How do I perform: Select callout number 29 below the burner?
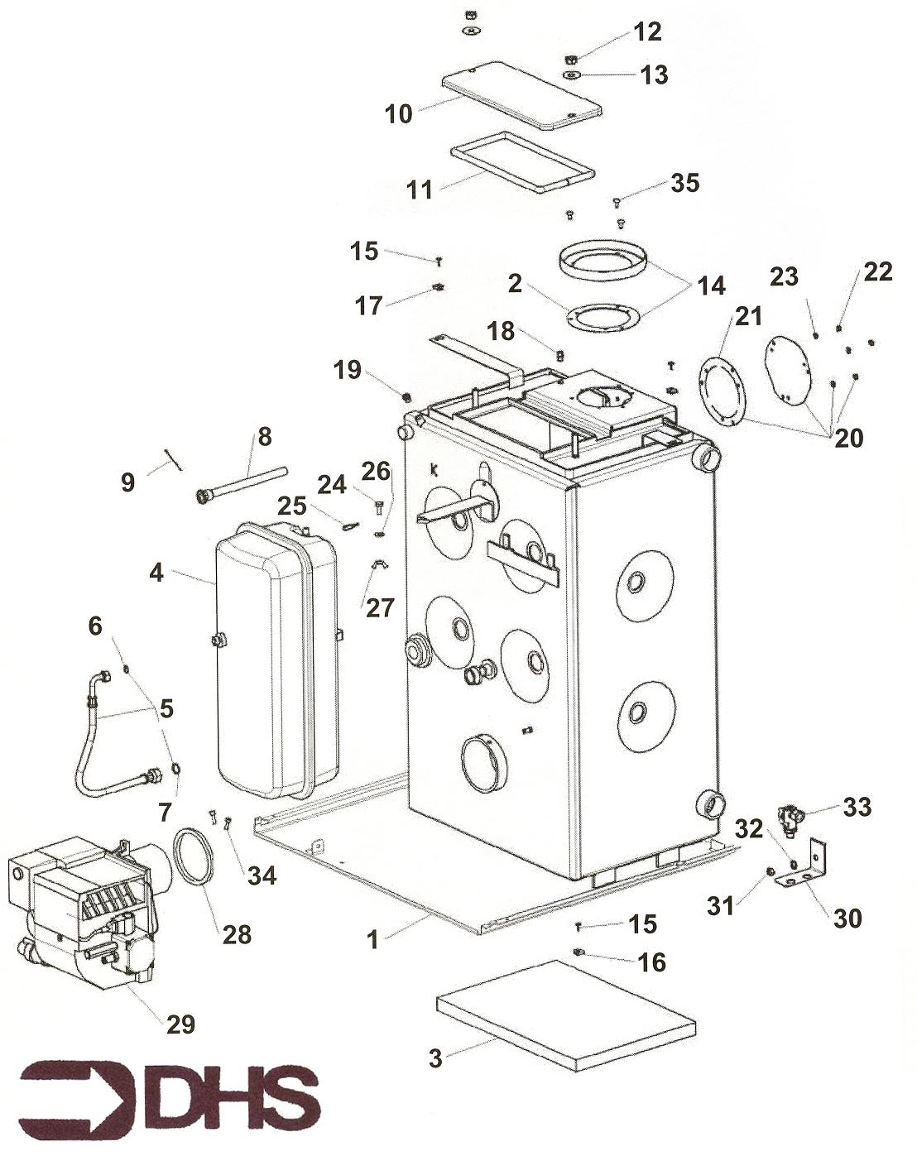180,1024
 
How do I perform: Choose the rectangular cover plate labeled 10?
521,94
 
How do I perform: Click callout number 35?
685,183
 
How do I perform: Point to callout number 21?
748,316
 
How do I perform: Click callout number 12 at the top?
647,31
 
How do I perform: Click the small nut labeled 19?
406,397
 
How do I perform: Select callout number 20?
849,439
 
